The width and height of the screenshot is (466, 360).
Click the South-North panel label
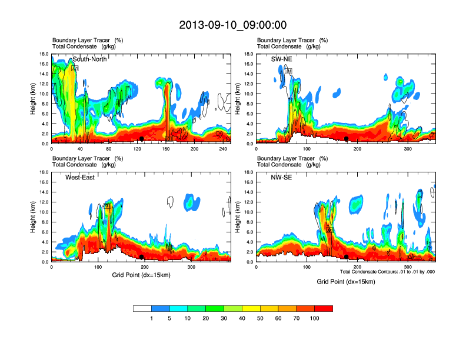89,59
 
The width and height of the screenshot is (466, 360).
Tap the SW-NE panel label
281,59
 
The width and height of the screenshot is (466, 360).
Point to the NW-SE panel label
281,177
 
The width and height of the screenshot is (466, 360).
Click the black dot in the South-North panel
142,138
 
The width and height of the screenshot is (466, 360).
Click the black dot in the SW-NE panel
347,138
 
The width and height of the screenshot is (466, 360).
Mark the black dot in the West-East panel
142,256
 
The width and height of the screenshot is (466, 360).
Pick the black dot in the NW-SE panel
347,256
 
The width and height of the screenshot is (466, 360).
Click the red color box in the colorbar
324,308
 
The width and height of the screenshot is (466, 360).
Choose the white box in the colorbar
142,308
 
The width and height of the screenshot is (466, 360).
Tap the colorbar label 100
315,318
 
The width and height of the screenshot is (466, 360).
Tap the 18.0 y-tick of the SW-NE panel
249,54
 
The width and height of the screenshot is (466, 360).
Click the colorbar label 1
151,318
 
